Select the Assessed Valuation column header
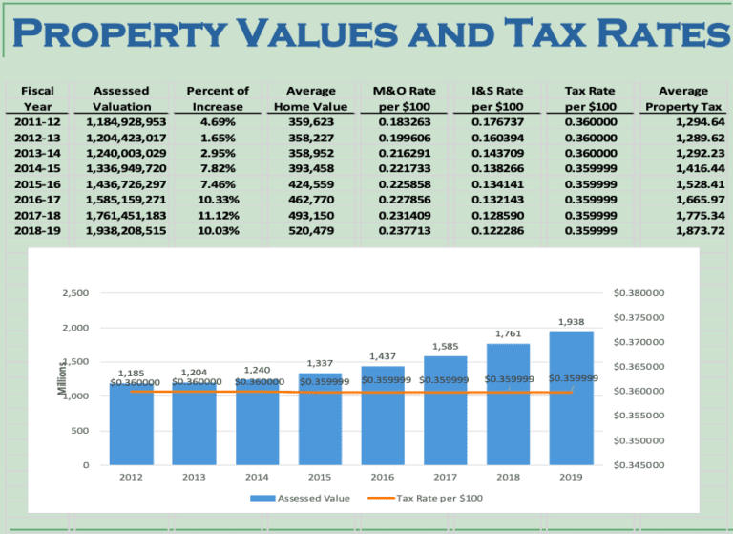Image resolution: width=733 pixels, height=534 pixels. click(122, 98)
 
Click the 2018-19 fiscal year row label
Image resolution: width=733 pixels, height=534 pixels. click(37, 230)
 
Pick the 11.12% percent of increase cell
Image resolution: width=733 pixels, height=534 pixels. click(218, 215)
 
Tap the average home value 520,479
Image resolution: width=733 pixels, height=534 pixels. click(311, 230)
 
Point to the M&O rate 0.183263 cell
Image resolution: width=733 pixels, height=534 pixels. click(404, 122)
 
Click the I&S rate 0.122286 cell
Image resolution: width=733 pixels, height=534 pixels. click(497, 230)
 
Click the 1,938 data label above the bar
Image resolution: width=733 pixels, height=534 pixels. click(571, 322)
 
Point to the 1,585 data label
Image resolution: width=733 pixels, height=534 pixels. click(446, 346)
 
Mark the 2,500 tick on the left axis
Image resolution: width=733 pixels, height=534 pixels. click(74, 293)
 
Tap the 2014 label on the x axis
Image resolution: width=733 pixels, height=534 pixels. click(258, 476)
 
